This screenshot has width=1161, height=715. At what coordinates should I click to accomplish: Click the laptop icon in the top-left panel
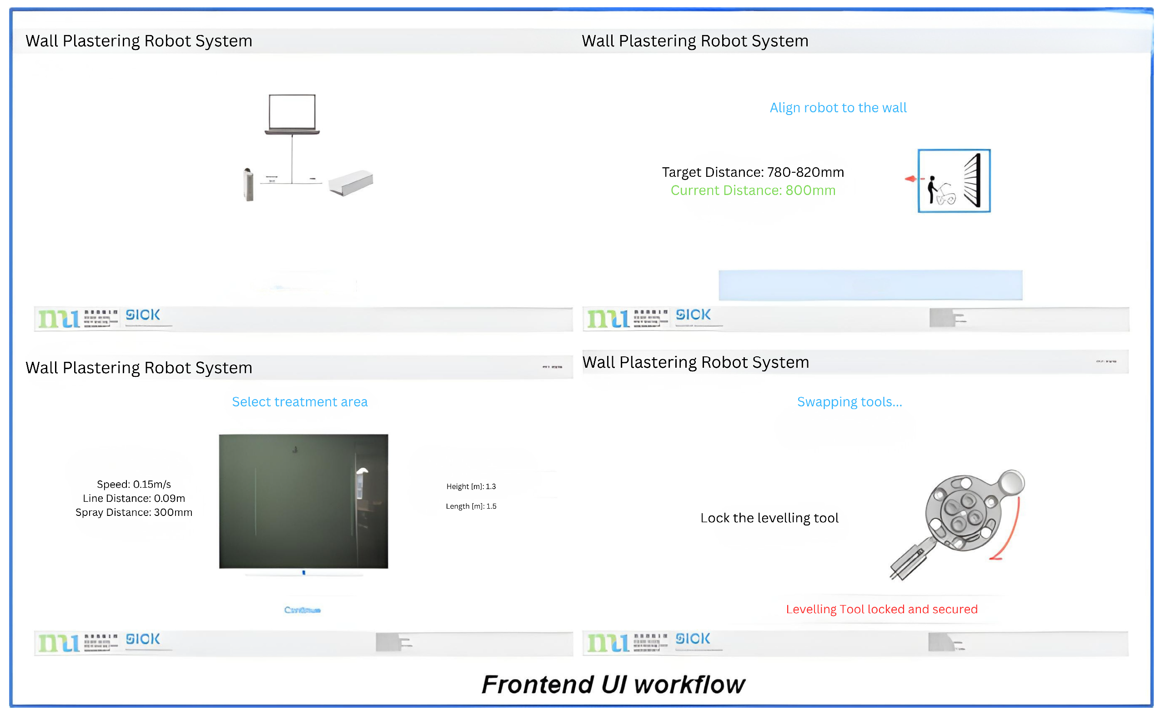(x=292, y=114)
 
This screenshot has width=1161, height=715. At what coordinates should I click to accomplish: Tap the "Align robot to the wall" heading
(x=838, y=108)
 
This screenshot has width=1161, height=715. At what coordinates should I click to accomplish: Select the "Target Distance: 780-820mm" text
(x=753, y=172)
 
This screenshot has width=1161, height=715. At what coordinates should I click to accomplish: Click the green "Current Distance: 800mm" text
(x=753, y=190)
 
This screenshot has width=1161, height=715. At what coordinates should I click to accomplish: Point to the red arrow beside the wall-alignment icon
(x=911, y=179)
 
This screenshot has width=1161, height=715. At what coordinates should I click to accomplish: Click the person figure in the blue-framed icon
(x=931, y=189)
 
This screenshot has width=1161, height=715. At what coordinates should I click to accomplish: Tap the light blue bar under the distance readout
(x=870, y=285)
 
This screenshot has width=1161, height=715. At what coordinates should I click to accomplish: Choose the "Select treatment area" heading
(x=300, y=402)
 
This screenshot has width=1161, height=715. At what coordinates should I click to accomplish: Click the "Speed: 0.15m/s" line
(x=134, y=484)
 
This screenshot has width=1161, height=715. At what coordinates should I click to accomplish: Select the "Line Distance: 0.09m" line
(x=134, y=499)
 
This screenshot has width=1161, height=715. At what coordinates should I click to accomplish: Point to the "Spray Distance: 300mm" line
(x=134, y=513)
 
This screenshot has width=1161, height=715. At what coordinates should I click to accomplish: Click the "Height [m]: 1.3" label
(x=471, y=487)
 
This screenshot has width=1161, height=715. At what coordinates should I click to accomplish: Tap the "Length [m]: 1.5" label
(x=471, y=506)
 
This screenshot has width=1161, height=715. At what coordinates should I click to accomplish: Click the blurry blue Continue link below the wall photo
(x=302, y=610)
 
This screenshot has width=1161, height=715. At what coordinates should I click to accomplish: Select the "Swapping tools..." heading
(x=849, y=402)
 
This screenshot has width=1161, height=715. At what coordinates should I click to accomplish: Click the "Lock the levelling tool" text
(x=769, y=518)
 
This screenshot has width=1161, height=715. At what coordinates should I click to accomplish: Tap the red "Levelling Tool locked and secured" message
(x=881, y=610)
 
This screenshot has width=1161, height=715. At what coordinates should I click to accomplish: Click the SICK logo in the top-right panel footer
(x=693, y=315)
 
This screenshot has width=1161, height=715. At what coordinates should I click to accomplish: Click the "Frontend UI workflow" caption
(x=613, y=685)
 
